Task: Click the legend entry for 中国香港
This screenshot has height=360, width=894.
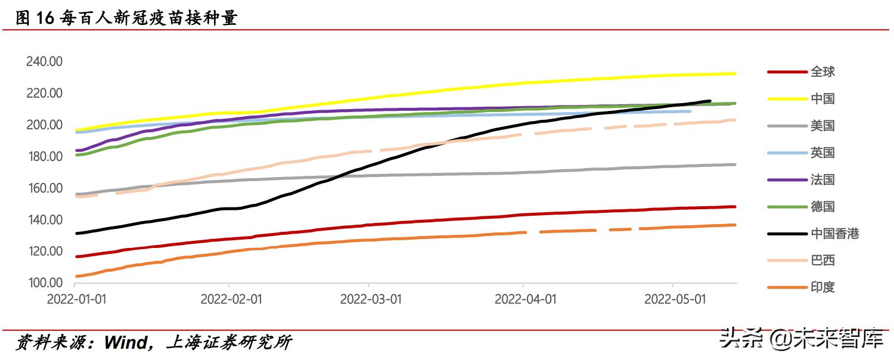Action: (x=834, y=233)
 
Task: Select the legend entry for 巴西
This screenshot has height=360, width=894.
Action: (x=822, y=260)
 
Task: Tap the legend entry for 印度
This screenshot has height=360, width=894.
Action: (x=822, y=287)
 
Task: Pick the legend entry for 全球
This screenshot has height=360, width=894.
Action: (x=822, y=72)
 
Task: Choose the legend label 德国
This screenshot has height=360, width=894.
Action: (x=822, y=206)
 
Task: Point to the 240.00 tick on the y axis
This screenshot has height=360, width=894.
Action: (x=44, y=61)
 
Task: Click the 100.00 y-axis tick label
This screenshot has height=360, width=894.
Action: (x=44, y=283)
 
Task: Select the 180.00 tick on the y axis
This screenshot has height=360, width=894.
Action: (x=44, y=156)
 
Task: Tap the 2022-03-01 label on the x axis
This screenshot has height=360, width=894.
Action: (x=370, y=299)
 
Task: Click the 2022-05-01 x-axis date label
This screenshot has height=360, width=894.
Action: (x=675, y=299)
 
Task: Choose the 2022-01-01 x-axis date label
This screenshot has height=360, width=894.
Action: (x=77, y=299)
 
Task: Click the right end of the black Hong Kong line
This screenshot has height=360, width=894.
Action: (x=709, y=101)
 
